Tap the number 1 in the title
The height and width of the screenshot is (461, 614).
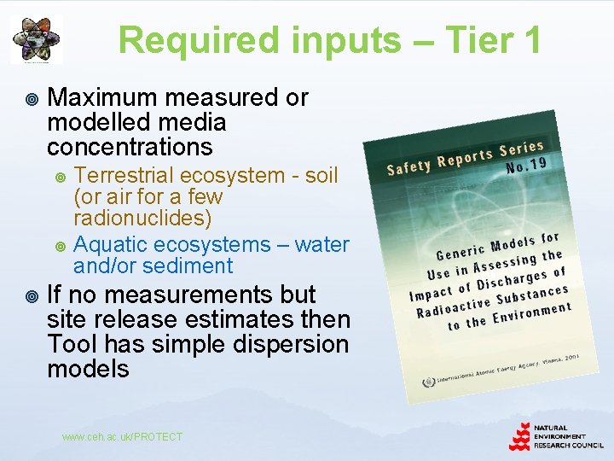(530, 39)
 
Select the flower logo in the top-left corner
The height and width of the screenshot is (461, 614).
(36, 38)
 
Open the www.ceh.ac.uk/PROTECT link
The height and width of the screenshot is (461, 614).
(122, 436)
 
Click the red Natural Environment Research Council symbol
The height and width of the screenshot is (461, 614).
(519, 435)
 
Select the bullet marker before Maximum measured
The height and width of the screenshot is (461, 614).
(32, 98)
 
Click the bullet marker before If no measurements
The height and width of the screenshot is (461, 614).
(32, 295)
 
